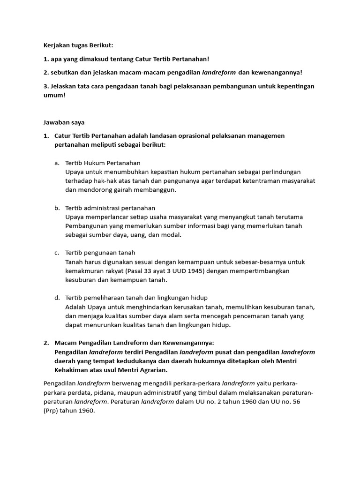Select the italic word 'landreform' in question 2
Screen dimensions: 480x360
pyautogui.click(x=219, y=73)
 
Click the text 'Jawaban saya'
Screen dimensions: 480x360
pyautogui.click(x=64, y=122)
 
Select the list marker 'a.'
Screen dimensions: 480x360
pyautogui.click(x=57, y=163)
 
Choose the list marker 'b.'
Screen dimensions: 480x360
pyautogui.click(x=57, y=208)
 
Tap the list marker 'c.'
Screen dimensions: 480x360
pyautogui.click(x=57, y=253)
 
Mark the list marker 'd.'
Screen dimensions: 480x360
pyautogui.click(x=57, y=298)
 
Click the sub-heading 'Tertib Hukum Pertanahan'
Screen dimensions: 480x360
pyautogui.click(x=99, y=163)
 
